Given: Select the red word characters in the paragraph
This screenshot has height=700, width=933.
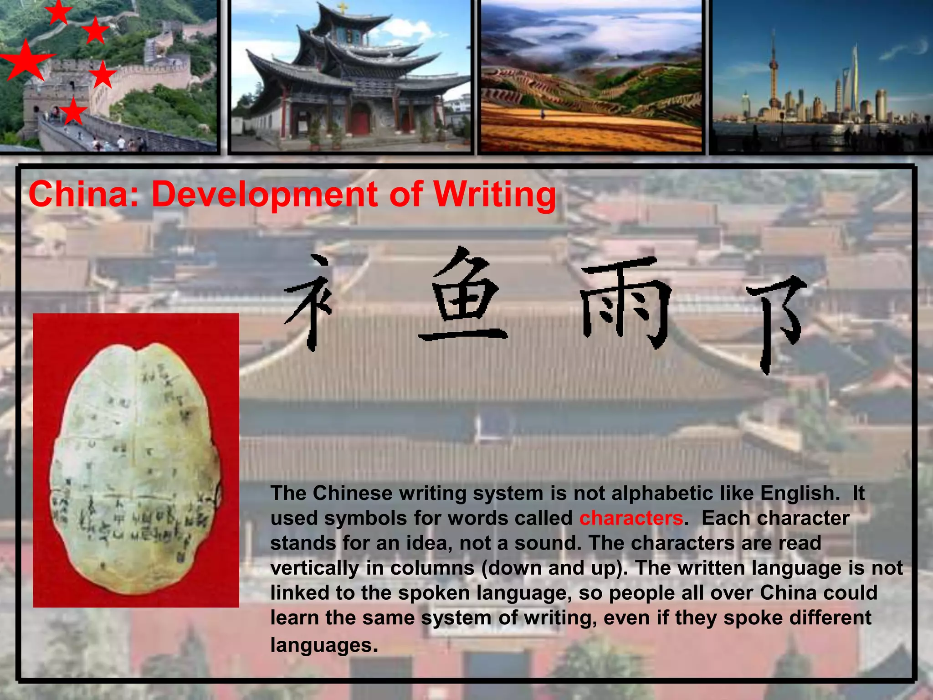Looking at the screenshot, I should click(631, 518).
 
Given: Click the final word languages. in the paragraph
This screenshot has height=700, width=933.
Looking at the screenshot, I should click(324, 645).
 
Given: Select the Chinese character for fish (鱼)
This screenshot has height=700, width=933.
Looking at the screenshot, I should click(462, 296).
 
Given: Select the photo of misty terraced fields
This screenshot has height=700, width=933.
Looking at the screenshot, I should click(591, 76).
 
